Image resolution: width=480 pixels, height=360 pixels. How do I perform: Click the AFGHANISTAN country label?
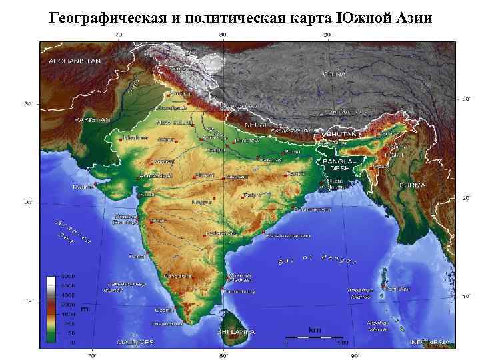(74, 60)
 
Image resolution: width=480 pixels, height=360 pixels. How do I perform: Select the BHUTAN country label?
(341, 133)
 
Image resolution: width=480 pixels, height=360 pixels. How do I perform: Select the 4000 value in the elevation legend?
(68, 294)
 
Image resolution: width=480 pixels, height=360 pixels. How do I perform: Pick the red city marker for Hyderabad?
(204, 235)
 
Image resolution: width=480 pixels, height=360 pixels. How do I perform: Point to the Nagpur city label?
(201, 201)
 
